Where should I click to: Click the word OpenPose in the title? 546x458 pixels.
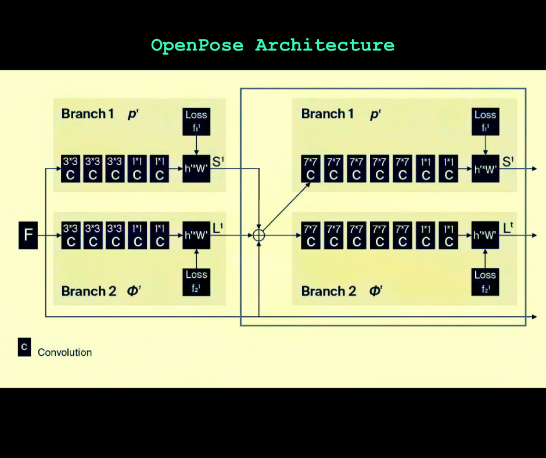(x=197, y=45)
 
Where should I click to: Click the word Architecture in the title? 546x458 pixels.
(x=325, y=45)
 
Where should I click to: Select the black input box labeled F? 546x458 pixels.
(x=28, y=235)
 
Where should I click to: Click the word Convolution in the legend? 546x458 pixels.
(x=64, y=352)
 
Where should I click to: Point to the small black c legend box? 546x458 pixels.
(x=24, y=347)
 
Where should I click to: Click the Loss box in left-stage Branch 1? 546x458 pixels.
(x=196, y=121)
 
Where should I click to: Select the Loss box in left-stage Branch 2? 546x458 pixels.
(x=196, y=281)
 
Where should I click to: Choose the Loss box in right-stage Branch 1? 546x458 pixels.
(x=485, y=121)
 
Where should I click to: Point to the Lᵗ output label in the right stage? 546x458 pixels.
(x=508, y=230)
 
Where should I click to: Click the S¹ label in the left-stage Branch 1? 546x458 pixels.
(x=218, y=162)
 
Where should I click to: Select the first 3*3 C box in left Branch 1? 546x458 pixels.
(x=71, y=169)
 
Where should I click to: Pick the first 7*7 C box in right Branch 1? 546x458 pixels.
(x=311, y=169)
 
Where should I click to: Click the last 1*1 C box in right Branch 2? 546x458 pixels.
(x=448, y=235)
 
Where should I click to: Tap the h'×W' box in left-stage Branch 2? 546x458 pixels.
(x=196, y=235)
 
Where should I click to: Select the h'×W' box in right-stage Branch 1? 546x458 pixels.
(x=485, y=169)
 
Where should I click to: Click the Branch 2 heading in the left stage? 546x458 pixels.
(x=88, y=291)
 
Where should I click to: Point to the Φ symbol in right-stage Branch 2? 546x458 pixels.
(x=375, y=291)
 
